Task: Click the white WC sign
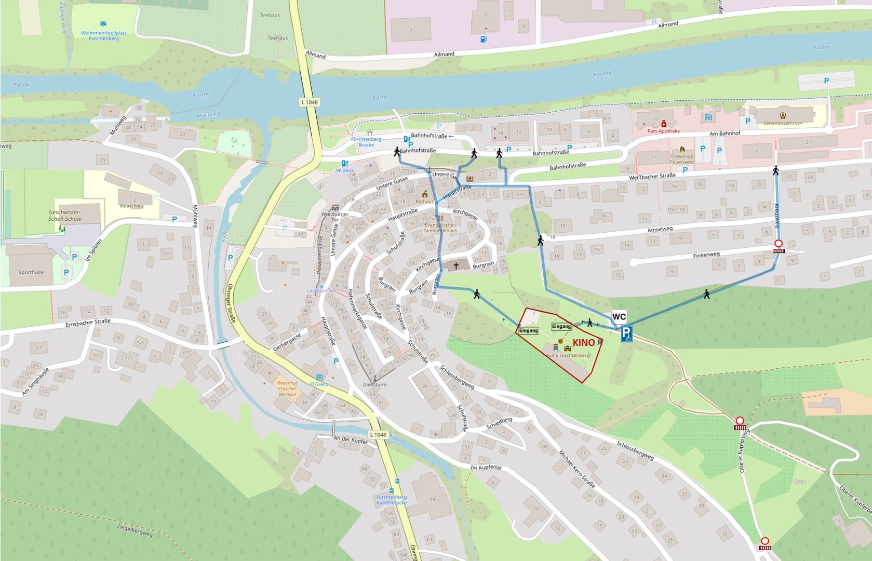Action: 619,317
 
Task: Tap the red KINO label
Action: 584,343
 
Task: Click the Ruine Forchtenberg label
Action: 567,355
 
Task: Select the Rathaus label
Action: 424,202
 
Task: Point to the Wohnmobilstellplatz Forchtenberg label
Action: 103,35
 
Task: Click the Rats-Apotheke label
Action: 663,131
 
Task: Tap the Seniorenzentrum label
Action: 782,123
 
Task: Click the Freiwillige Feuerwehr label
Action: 682,159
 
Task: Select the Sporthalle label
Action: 31,272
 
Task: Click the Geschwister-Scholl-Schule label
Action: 65,216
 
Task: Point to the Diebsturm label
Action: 374,385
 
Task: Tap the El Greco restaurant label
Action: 319,384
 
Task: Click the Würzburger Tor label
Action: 334,217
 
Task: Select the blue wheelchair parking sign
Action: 627,334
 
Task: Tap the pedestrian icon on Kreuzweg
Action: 775,170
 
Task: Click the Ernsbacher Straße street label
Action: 88,323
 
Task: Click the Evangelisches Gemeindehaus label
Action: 440,228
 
